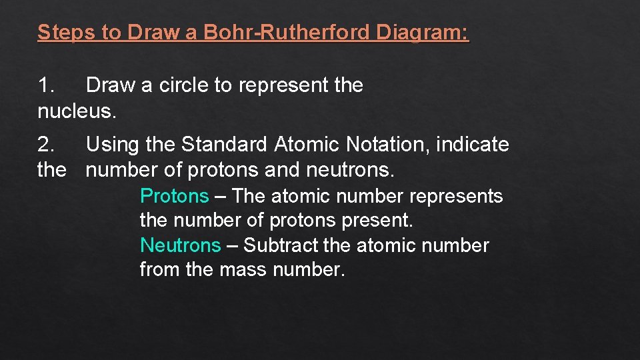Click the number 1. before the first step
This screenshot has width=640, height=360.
(47, 85)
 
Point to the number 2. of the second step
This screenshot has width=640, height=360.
(47, 144)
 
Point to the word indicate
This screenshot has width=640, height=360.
(473, 144)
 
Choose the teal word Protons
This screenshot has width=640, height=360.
(174, 196)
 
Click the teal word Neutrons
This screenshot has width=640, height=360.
(180, 245)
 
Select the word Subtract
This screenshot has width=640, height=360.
(281, 245)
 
